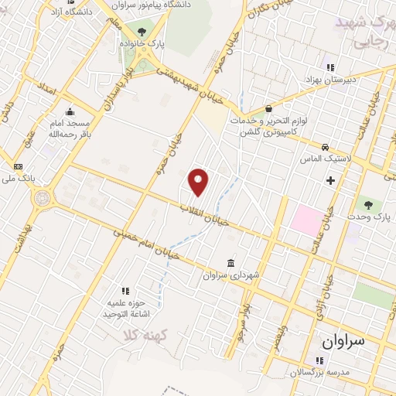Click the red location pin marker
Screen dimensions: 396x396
tap(200, 181)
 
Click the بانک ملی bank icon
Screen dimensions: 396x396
tap(18, 166)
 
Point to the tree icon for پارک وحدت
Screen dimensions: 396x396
tap(368, 206)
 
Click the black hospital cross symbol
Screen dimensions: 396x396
tap(331, 180)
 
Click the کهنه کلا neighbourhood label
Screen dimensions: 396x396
tap(139, 336)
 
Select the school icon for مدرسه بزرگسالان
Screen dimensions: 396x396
tap(319, 360)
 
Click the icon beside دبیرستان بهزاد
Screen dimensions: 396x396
tap(331, 67)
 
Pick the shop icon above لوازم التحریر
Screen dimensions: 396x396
tap(268, 109)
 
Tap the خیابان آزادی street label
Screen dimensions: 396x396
tap(319, 302)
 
